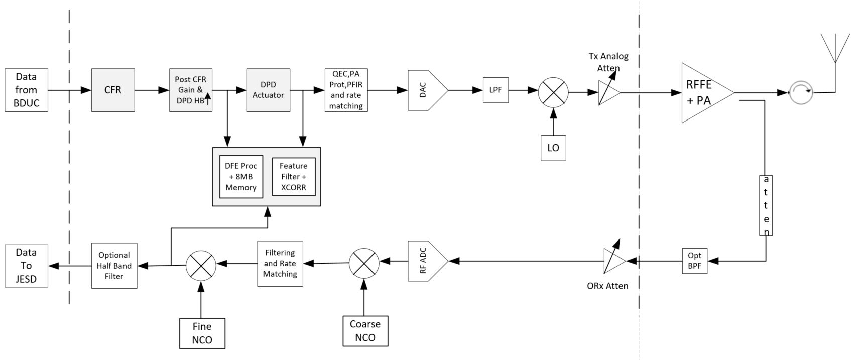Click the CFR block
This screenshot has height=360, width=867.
[x=113, y=90]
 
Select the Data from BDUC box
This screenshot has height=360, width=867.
[x=26, y=90]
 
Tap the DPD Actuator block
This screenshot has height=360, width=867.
[x=268, y=90]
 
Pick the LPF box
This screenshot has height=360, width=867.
[x=496, y=90]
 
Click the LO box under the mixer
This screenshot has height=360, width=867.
[x=553, y=148]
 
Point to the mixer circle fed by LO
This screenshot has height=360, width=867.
[x=553, y=92]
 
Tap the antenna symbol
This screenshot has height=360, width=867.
[x=835, y=50]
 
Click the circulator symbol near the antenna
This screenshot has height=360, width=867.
[x=801, y=92]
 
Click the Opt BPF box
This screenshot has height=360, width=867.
[x=694, y=261]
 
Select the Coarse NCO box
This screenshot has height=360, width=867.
[x=365, y=331]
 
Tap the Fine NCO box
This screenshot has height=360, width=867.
[x=202, y=333]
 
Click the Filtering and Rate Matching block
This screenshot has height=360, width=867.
[x=280, y=264]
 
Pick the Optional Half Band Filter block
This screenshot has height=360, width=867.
[x=114, y=266]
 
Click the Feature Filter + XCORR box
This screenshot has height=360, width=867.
[x=293, y=177]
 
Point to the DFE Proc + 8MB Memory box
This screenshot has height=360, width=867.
[x=241, y=177]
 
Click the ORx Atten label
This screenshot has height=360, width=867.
[x=607, y=286]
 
